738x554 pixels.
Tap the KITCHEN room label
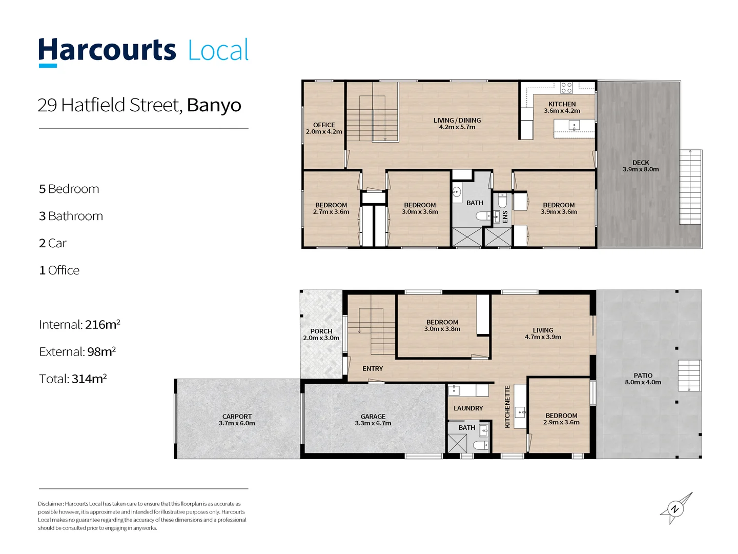pos(562,104)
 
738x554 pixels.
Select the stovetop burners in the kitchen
pos(566,88)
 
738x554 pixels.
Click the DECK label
pos(641,163)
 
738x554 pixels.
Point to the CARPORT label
pos(237,417)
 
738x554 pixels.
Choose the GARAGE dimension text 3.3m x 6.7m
pos(373,423)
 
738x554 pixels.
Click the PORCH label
pos(321,331)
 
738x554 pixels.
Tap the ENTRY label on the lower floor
pos(373,369)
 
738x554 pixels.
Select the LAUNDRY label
pos(468,408)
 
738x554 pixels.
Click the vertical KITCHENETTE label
pos(507,407)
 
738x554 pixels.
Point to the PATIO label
pos(643,375)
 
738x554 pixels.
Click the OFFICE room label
pos(324,125)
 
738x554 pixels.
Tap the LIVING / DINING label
pos(457,121)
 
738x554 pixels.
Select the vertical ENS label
pos(505,217)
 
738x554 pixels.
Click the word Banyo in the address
pos(214,105)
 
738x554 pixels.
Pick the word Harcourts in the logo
pos(107,50)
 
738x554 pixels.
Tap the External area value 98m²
pos(101,352)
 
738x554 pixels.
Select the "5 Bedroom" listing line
pos(69,189)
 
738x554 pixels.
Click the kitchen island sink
pos(575,126)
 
